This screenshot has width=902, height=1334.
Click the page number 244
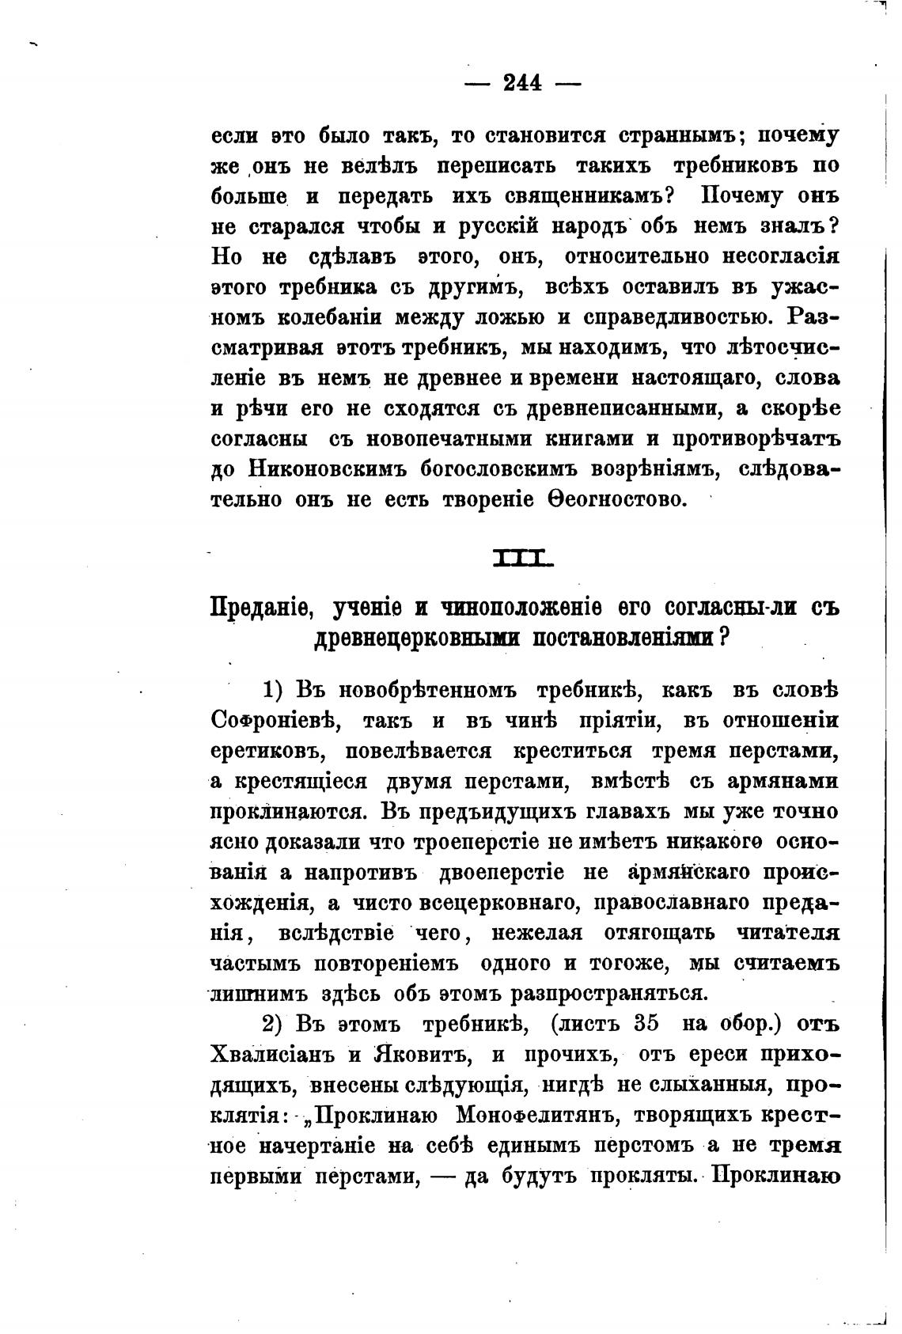[522, 82]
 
